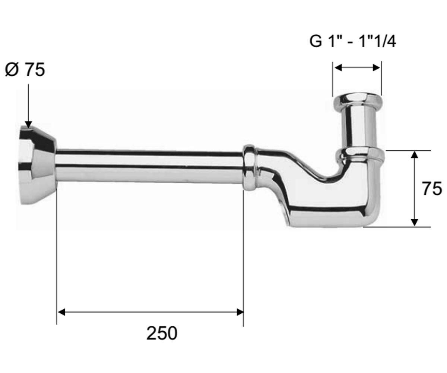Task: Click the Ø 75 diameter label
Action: (25, 69)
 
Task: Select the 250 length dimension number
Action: (162, 333)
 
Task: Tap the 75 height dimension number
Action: (432, 189)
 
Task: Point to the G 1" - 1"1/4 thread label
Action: (353, 41)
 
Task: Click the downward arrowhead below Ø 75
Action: (28, 124)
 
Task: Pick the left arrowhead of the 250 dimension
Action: (61, 312)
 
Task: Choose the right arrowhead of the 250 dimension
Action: (240, 312)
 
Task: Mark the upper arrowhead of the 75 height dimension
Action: (415, 154)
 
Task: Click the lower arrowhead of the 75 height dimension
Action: (415, 223)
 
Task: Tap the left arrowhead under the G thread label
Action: (338, 68)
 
